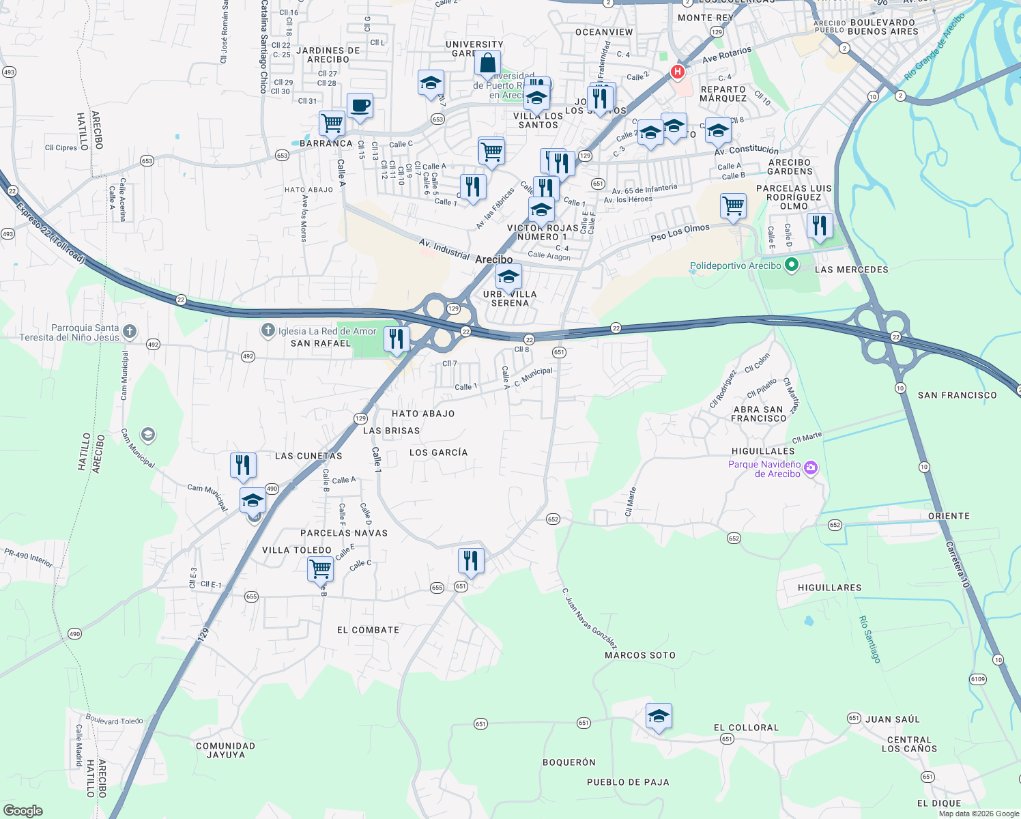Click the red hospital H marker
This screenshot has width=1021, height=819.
pyautogui.click(x=677, y=72)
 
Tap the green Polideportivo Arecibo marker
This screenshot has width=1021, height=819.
pyautogui.click(x=791, y=265)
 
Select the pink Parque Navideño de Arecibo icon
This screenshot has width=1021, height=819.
pyautogui.click(x=810, y=468)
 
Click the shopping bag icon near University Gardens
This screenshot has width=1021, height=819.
pyautogui.click(x=488, y=63)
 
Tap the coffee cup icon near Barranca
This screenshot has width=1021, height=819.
pyautogui.click(x=360, y=106)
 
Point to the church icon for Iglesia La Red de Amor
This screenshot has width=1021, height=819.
pyautogui.click(x=268, y=331)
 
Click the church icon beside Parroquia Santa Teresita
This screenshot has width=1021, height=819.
pyautogui.click(x=129, y=332)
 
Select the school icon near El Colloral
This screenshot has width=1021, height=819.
pyautogui.click(x=659, y=717)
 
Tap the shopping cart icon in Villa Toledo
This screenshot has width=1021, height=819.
pyautogui.click(x=320, y=568)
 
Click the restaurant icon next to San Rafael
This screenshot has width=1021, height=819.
pyautogui.click(x=397, y=339)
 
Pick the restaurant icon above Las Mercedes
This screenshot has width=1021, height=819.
pyautogui.click(x=819, y=225)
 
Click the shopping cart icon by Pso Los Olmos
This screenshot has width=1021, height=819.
pyautogui.click(x=733, y=205)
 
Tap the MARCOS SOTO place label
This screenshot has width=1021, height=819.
pyautogui.click(x=639, y=655)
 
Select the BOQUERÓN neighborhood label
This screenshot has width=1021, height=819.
pyautogui.click(x=569, y=762)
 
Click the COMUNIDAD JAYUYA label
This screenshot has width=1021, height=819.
pyautogui.click(x=225, y=750)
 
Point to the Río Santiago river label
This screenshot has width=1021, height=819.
pyautogui.click(x=869, y=639)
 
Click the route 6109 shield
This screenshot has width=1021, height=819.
pyautogui.click(x=977, y=679)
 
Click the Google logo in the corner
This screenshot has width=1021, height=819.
pyautogui.click(x=23, y=810)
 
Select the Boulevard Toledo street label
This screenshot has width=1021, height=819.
pyautogui.click(x=114, y=720)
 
